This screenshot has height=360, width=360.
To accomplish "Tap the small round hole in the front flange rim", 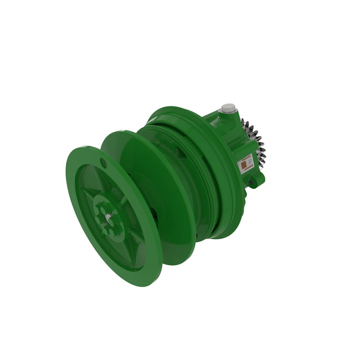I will (104, 162).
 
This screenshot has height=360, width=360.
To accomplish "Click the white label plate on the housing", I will (245, 163).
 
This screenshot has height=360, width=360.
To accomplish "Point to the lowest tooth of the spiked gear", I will (261, 168).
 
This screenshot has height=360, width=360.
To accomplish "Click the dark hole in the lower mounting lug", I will (251, 182).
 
